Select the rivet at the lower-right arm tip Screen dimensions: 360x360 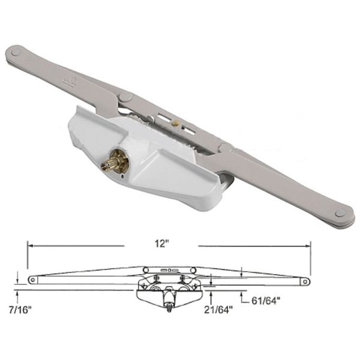340,213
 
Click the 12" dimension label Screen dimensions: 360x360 161,245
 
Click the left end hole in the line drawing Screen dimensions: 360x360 32,280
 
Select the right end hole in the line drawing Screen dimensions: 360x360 305,280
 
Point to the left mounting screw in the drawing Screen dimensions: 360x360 155,278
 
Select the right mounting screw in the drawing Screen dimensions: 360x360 182,278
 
